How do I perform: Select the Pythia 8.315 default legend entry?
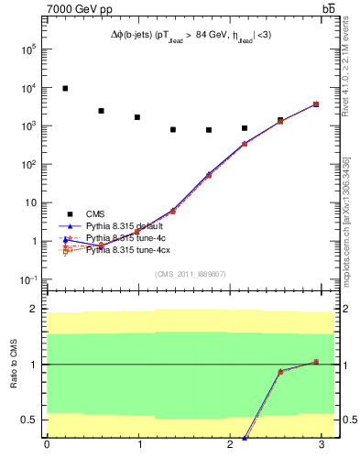(123, 225)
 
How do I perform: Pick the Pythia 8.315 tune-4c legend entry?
(123, 238)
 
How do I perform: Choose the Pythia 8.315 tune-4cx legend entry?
(126, 250)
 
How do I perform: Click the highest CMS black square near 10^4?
(65, 89)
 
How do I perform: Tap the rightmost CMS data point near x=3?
(316, 104)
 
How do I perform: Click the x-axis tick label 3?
(322, 445)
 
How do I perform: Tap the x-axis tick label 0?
(47, 445)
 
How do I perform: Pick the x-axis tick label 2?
(231, 445)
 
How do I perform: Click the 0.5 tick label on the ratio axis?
(27, 420)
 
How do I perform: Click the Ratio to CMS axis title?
(12, 364)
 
